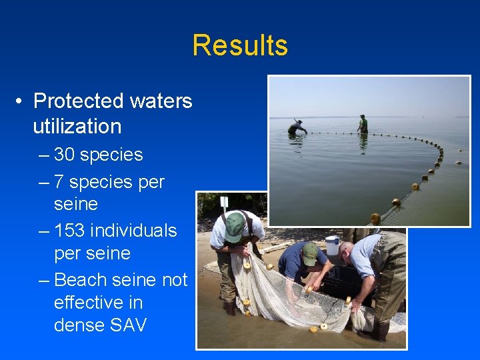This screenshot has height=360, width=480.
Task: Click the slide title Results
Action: (240, 45)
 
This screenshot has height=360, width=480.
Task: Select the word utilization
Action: (77, 126)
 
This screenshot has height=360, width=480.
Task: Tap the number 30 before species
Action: (64, 155)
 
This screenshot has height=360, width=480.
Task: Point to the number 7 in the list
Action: (59, 182)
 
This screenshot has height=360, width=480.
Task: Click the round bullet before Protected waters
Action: (22, 101)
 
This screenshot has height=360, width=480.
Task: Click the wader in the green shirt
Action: (363, 124)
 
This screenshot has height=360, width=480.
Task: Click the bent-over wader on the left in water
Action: (297, 127)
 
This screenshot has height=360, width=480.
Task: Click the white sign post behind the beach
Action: (224, 203)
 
